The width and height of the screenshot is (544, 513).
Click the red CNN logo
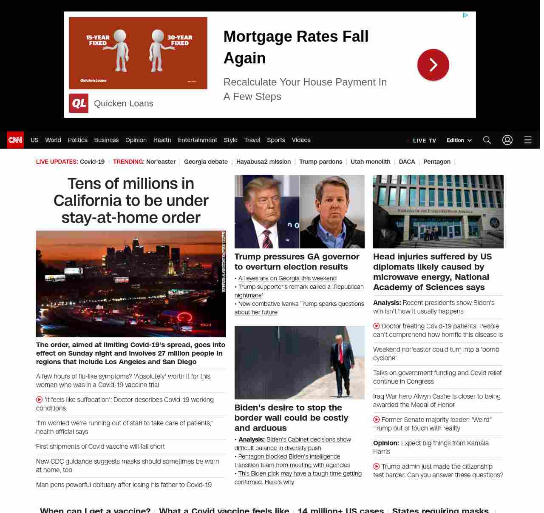[15, 140]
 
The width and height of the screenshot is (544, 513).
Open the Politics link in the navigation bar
[77, 140]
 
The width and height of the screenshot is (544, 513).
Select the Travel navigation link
[252, 140]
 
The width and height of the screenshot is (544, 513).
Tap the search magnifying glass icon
[487, 140]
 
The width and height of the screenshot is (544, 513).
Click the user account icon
[507, 140]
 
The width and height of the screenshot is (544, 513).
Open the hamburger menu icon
[527, 140]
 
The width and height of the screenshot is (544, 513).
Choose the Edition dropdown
[459, 140]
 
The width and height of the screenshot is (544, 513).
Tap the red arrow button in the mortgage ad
[433, 65]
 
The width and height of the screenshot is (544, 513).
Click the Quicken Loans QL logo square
[79, 103]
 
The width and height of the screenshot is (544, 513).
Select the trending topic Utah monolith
[370, 162]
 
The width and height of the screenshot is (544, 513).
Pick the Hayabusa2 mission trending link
[263, 162]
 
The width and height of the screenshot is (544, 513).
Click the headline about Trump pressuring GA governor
[297, 262]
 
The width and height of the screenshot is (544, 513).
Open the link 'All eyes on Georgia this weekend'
[287, 278]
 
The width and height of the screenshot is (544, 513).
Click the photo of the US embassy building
[438, 211]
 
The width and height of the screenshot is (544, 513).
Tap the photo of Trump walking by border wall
[299, 362]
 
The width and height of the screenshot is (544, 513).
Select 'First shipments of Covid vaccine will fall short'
[100, 446]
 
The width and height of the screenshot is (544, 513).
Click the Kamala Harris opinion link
[431, 447]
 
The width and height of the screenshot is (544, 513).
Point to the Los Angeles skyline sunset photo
[131, 284]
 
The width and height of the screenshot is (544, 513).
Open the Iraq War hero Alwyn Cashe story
[436, 400]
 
